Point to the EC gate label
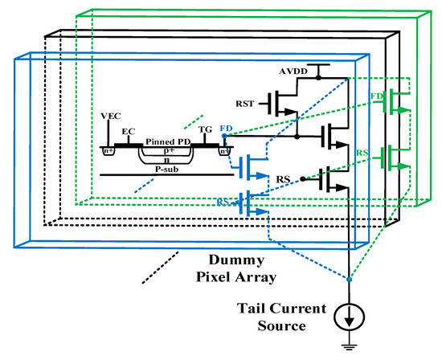127,129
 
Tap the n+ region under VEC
108,149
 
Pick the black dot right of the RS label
303,178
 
